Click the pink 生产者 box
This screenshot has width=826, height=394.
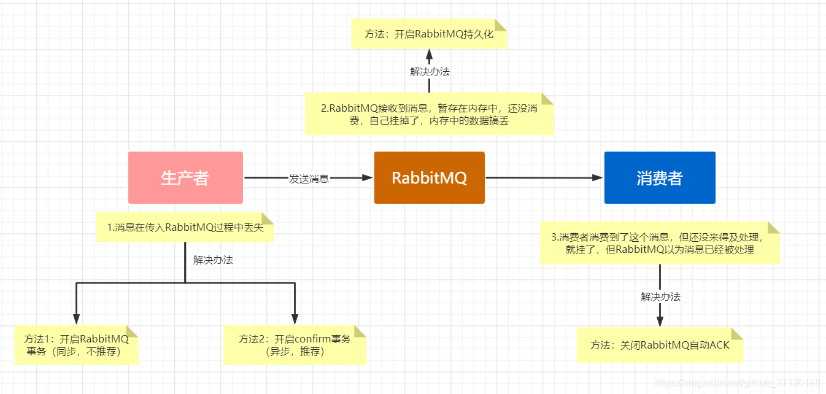(185, 177)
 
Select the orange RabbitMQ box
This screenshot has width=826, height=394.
(429, 177)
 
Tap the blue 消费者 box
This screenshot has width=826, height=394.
(660, 177)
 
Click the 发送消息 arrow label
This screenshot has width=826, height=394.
(309, 179)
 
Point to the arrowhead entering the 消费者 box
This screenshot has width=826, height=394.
(598, 178)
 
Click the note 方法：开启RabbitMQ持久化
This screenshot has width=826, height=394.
(429, 34)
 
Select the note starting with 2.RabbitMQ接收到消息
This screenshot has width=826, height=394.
(429, 114)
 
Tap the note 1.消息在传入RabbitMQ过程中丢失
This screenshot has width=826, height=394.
(185, 227)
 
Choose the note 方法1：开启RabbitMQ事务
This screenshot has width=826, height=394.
(76, 346)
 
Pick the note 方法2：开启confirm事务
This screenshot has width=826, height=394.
(295, 346)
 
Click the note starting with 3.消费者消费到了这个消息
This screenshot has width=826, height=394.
(660, 243)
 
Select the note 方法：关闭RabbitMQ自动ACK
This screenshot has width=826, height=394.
(660, 345)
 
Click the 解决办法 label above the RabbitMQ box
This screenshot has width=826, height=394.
(430, 71)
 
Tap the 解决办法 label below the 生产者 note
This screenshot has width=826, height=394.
(213, 260)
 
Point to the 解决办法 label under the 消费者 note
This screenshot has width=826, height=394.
(660, 297)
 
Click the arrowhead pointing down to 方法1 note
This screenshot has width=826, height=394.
(76, 319)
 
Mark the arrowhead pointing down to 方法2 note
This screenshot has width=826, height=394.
(295, 319)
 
